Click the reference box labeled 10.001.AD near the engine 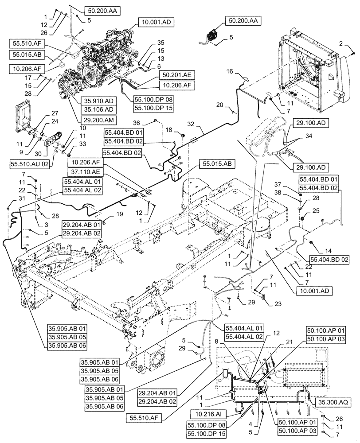157,21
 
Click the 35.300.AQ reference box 333,402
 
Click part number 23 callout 266,304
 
